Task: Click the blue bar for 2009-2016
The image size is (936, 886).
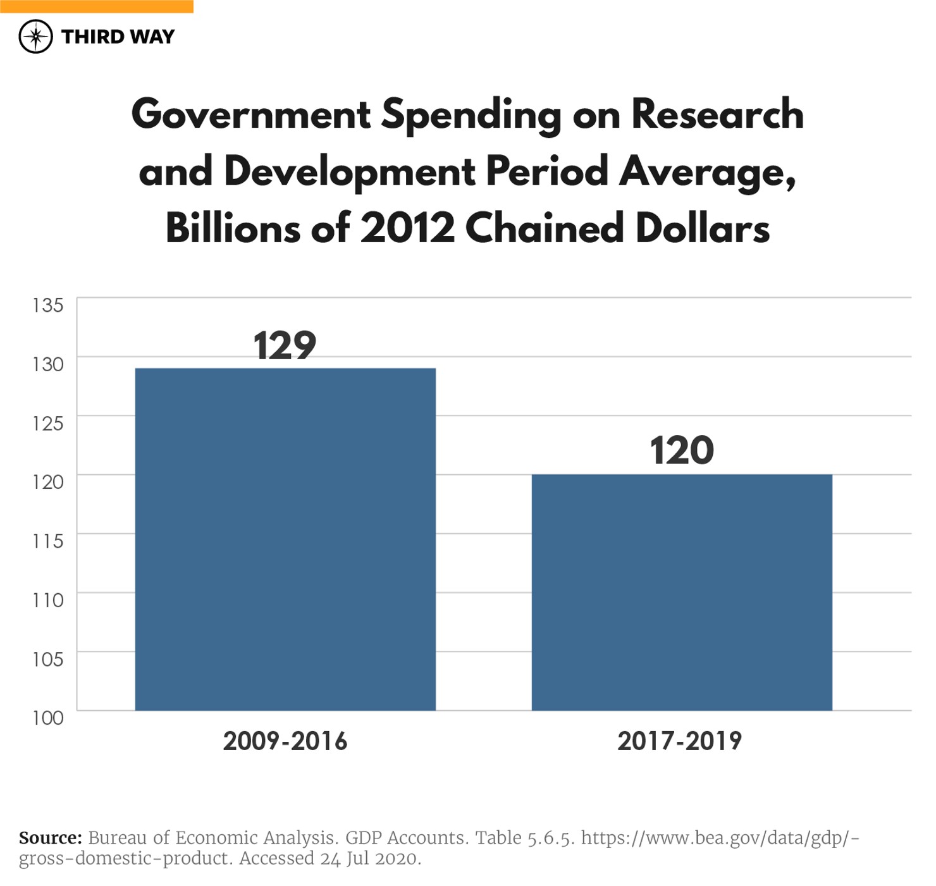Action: (285, 539)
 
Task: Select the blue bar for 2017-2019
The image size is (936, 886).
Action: (681, 592)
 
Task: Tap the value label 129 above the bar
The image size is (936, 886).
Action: (285, 345)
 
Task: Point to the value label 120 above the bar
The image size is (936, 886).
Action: (682, 450)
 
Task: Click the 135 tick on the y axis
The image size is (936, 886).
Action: (48, 305)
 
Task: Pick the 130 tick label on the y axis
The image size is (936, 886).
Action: (48, 364)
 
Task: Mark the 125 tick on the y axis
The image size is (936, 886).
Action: (48, 423)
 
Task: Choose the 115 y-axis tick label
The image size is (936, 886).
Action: (48, 541)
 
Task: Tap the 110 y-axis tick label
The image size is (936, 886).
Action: (48, 600)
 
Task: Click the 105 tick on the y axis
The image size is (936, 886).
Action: (48, 659)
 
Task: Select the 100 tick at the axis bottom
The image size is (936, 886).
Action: (48, 718)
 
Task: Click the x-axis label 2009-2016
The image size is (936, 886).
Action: (285, 741)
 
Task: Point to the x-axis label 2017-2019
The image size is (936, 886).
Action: (680, 741)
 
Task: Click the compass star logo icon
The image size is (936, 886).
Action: (35, 37)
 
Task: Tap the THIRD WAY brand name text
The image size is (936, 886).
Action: (118, 37)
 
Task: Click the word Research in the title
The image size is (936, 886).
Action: (717, 114)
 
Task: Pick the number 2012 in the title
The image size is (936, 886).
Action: (407, 228)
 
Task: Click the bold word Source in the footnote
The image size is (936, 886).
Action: (51, 838)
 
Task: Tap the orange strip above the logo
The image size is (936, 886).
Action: (96, 6)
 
